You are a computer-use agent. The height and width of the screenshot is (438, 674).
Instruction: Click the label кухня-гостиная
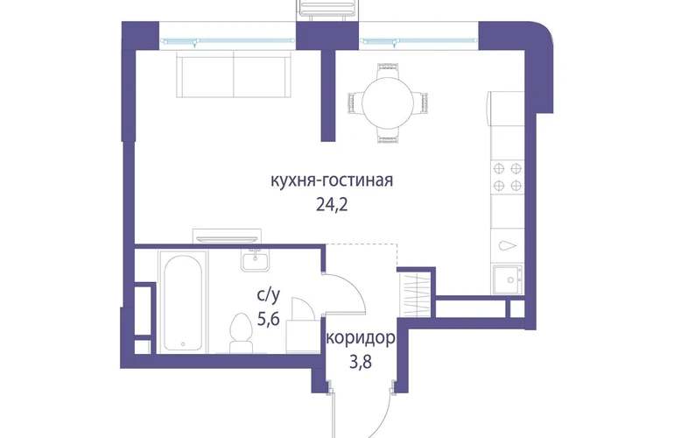(332, 180)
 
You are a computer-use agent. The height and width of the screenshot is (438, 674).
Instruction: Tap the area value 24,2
(332, 205)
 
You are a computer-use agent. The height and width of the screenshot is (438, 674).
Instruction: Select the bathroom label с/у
(268, 294)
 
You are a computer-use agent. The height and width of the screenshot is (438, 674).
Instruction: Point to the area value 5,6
(268, 319)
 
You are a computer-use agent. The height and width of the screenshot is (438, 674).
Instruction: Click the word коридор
(361, 338)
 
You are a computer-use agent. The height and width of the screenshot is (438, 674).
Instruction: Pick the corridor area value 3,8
(361, 363)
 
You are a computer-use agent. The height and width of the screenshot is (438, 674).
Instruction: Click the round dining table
(388, 102)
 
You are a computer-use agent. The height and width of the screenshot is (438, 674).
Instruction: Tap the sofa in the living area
(234, 74)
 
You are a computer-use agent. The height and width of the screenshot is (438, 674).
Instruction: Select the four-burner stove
(507, 176)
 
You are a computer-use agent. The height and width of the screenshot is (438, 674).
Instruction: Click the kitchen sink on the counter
(508, 279)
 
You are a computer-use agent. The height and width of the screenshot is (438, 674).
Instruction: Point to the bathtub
(183, 302)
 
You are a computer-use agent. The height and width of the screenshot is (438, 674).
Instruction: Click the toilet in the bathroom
(240, 333)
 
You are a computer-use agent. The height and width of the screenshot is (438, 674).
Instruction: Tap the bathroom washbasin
(255, 261)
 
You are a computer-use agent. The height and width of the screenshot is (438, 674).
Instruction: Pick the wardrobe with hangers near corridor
(415, 294)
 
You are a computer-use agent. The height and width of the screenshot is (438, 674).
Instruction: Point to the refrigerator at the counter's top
(506, 108)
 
